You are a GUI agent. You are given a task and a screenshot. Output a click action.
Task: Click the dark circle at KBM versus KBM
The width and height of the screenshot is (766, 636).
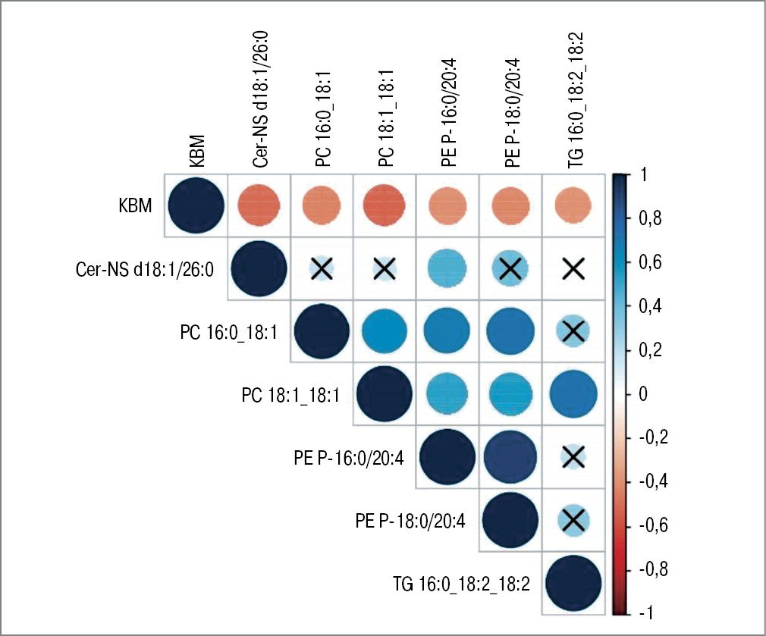195,205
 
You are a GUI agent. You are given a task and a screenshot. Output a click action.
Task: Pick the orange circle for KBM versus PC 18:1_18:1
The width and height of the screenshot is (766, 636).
384,205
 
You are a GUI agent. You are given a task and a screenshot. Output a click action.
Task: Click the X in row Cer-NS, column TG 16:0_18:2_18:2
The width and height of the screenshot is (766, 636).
573,268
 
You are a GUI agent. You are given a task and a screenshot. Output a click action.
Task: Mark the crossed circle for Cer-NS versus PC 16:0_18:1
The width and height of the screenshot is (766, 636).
321,268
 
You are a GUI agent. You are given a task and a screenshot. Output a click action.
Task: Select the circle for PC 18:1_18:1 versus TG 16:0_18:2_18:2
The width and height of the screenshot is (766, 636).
573,393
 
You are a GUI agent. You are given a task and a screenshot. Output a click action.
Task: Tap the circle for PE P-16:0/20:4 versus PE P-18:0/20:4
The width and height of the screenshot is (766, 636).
510,456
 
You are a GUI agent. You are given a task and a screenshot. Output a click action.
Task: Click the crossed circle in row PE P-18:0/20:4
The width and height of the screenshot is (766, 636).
573,519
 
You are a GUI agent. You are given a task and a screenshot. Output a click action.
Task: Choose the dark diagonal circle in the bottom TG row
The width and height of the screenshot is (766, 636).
573,583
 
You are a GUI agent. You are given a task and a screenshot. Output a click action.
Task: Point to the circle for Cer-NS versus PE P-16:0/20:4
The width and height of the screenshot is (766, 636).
447,268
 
